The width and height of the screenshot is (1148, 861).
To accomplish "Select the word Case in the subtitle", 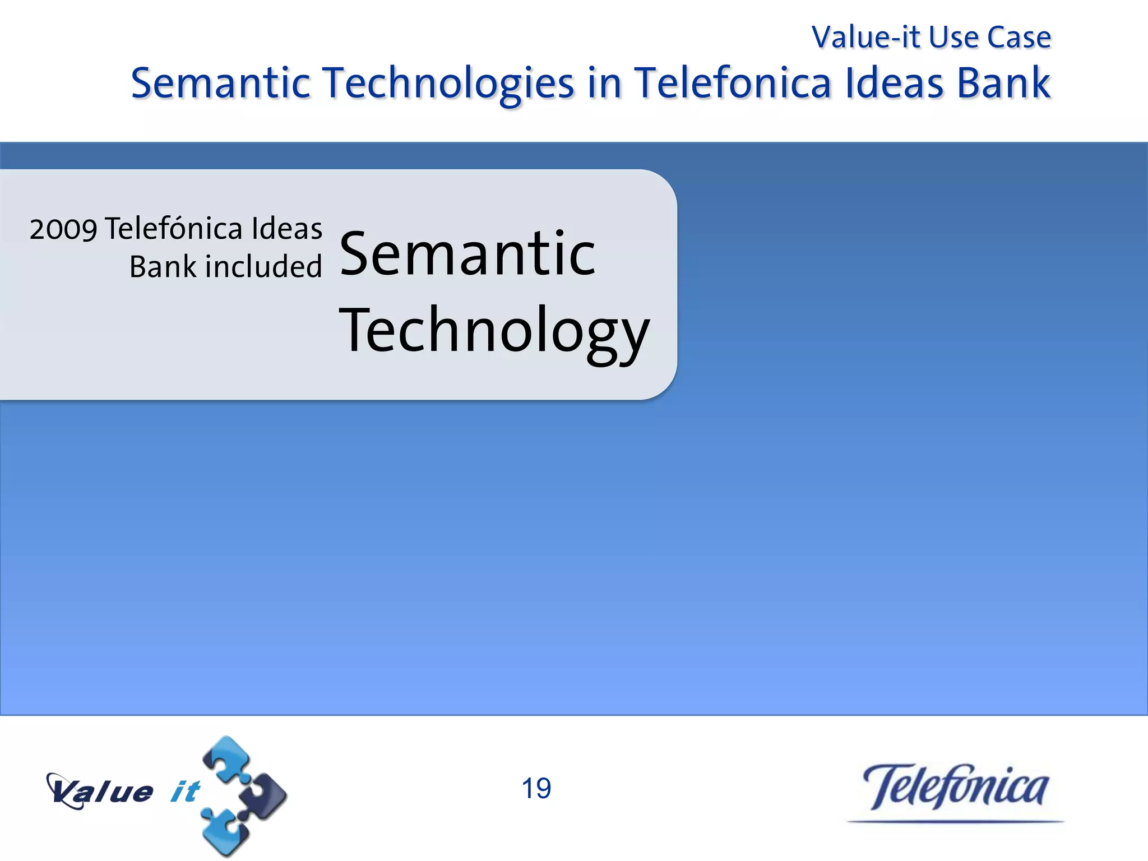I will click(1019, 38).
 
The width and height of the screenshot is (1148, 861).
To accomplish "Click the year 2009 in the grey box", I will click(63, 229).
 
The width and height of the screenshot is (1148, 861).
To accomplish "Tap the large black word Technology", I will click(494, 332).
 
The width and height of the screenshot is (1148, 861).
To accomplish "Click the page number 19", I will click(536, 789).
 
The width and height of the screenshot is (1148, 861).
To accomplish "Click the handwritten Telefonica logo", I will click(955, 788).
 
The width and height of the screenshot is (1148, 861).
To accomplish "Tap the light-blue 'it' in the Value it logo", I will click(184, 791).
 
